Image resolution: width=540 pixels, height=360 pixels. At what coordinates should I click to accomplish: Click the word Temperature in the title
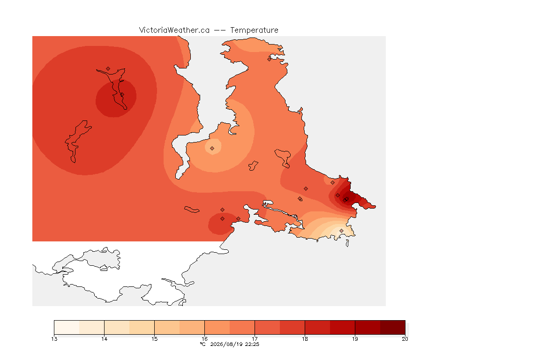tap(254, 30)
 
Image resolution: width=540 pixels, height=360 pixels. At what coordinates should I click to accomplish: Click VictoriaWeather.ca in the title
tap(174, 30)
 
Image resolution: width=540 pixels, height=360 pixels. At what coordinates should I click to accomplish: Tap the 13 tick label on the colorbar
tap(54, 339)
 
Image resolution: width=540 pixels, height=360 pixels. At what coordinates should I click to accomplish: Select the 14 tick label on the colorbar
tap(105, 339)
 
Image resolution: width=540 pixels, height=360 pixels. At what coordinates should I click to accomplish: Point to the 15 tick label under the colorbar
tap(154, 339)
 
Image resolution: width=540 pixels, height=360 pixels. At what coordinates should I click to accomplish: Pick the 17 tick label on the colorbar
tap(255, 339)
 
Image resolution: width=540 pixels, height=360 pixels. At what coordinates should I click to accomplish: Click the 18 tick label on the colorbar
tap(305, 339)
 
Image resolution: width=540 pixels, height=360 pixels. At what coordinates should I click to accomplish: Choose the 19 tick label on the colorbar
tap(355, 339)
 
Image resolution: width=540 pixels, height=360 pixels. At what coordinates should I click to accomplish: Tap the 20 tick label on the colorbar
tap(405, 339)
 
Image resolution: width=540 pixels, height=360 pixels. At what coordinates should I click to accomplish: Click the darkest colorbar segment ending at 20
tap(393, 327)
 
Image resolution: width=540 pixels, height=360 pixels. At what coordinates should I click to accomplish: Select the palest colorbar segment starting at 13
tap(67, 327)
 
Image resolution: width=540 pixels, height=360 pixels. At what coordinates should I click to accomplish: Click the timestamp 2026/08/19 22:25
tap(235, 344)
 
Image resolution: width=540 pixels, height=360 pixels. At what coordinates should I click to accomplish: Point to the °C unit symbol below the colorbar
tap(202, 344)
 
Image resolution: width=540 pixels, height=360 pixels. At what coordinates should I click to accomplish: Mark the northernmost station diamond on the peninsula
tap(270, 59)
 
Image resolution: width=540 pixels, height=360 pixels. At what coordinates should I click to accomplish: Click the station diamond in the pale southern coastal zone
tap(341, 231)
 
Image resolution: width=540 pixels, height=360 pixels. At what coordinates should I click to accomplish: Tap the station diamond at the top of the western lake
tap(108, 69)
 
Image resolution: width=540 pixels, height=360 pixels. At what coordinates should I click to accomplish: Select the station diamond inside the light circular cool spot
tap(212, 149)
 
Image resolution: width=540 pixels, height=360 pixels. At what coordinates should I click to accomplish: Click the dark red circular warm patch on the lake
tap(116, 98)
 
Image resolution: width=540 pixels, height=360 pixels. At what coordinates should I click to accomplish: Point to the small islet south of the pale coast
tap(347, 243)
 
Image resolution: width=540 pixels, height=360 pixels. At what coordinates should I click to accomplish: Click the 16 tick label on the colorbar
tap(204, 339)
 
